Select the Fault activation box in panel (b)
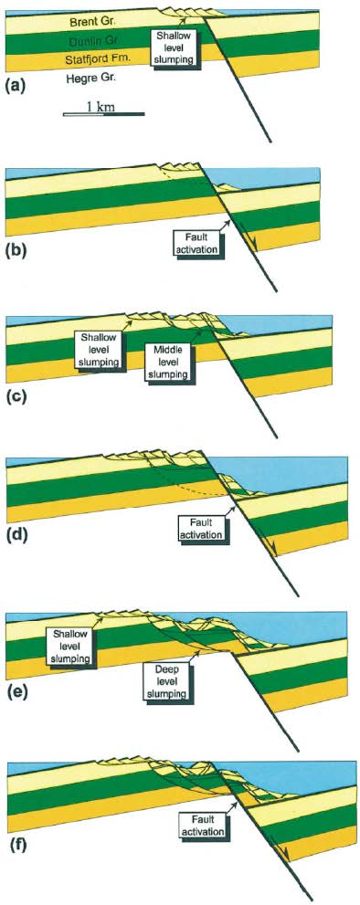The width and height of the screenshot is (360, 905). click(195, 242)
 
